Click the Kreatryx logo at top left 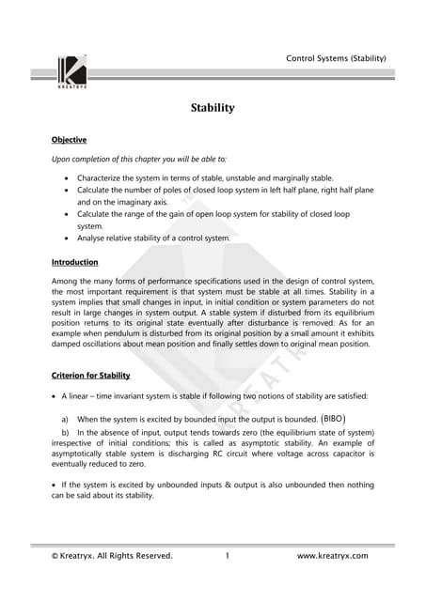(x=73, y=72)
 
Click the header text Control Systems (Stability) (x=335, y=58)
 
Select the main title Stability (x=213, y=108)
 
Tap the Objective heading (x=70, y=139)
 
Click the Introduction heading (x=74, y=262)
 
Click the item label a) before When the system (x=65, y=419)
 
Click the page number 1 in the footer (x=228, y=556)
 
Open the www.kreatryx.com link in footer (x=332, y=556)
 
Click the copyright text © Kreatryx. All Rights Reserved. (x=112, y=556)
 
